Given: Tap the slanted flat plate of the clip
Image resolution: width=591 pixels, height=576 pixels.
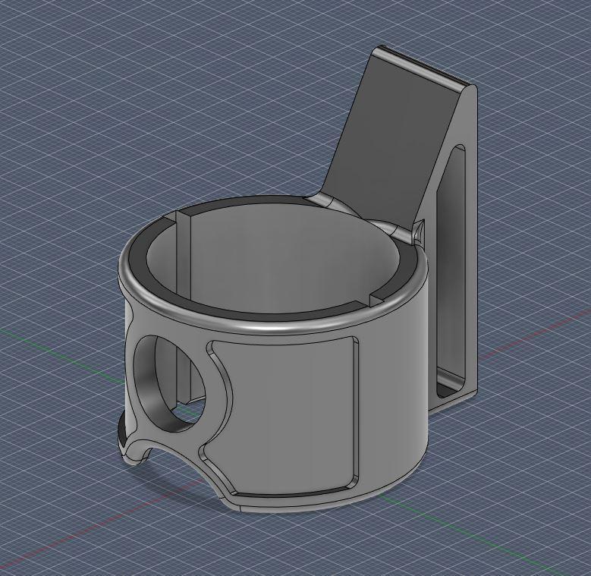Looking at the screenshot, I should click(x=379, y=144).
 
